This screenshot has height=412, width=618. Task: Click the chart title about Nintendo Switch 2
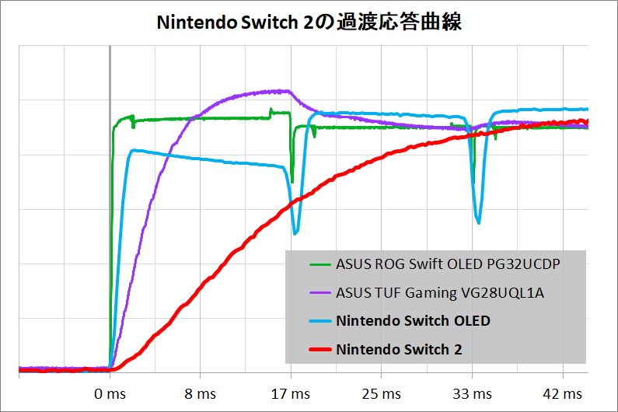coord(309,23)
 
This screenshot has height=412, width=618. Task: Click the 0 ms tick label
coord(109,395)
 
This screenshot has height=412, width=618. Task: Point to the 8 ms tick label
coord(201,395)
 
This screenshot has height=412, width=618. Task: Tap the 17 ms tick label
coord(291,395)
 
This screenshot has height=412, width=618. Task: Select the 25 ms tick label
coord(382,395)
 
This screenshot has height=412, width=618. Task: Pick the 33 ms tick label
coord(472,395)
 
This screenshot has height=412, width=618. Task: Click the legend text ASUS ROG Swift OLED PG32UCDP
coord(448,264)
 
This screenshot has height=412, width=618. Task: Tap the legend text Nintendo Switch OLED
coord(413,321)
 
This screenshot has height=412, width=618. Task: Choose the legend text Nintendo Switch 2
coord(399,350)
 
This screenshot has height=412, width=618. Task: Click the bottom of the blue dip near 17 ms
coord(295,232)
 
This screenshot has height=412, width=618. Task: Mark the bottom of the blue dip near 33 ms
coord(479,223)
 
